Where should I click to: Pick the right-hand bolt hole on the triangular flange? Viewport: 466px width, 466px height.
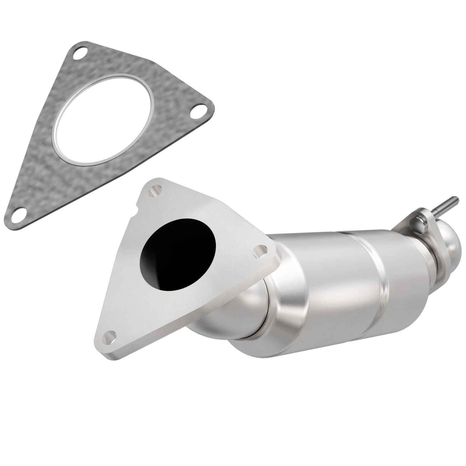(x=260, y=251)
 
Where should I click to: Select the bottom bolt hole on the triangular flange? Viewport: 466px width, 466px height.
(x=110, y=337)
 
